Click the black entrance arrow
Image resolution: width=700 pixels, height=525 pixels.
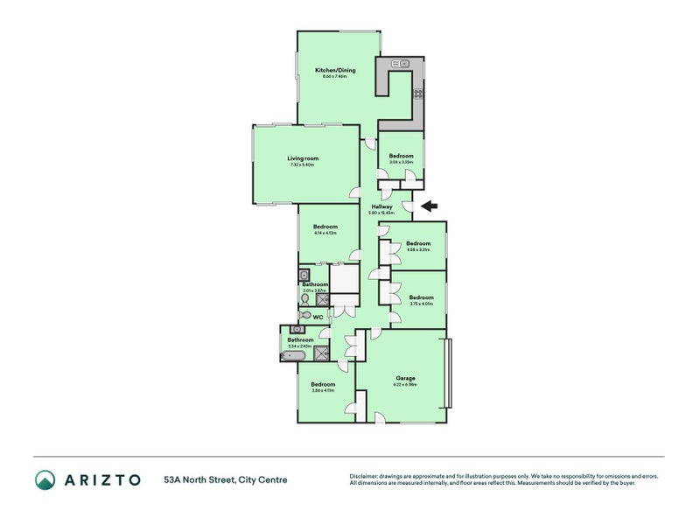[429, 206]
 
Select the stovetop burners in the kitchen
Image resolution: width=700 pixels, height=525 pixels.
[418, 94]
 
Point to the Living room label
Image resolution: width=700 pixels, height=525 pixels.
[303, 158]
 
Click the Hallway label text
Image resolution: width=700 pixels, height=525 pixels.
[381, 206]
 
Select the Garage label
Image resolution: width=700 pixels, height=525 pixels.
[404, 378]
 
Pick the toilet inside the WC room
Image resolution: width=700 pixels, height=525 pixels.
[305, 315]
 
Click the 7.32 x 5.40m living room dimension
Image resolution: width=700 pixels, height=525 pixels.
[303, 165]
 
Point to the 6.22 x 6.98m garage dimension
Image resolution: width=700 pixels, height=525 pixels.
[404, 385]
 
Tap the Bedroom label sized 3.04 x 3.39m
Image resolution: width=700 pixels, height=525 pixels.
[401, 156]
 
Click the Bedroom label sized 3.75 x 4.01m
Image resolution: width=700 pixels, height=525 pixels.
[421, 297]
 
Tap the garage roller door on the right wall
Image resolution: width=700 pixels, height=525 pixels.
[449, 373]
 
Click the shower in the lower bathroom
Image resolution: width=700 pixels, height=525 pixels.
[322, 354]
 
